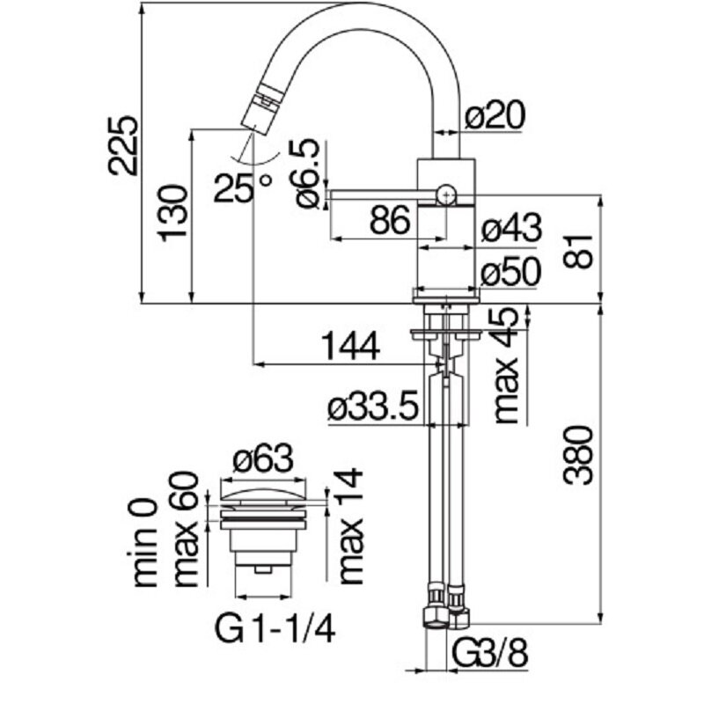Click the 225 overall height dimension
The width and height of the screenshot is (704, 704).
(x=124, y=145)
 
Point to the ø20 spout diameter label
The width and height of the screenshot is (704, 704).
(x=495, y=116)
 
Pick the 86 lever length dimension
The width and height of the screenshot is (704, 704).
(x=388, y=222)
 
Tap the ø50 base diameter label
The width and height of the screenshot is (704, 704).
(x=511, y=274)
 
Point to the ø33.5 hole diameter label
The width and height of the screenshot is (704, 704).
(x=370, y=407)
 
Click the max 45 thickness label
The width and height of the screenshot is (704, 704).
(x=506, y=365)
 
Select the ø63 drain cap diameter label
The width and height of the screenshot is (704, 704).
(x=262, y=458)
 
